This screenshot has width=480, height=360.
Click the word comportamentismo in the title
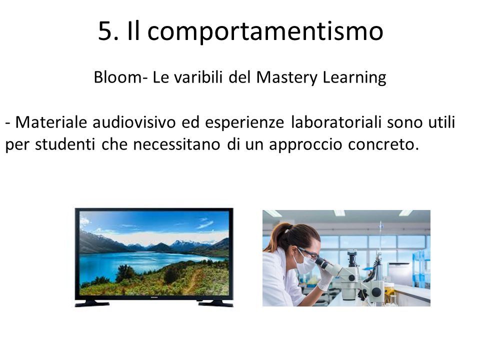pos(265,32)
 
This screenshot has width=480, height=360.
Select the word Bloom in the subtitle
pos(117,77)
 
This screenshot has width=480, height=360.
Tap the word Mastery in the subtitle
pos(286,78)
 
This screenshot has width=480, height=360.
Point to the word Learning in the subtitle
pos(354,78)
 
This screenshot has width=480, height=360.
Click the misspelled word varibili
pos(198,77)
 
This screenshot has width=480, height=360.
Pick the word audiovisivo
pos(134,122)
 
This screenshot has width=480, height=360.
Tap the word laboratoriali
pos(336,122)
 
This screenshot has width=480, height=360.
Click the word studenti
pos(65,144)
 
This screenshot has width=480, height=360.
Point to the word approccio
pos(305,145)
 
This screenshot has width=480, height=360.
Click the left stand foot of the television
pos(92,303)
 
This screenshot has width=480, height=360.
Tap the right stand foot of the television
pos(215,303)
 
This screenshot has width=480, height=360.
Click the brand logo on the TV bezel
pos(154,297)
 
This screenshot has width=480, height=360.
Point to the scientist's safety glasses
pos(308,254)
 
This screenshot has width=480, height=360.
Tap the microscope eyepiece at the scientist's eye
pos(321,262)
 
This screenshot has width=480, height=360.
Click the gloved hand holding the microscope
pos(324,278)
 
